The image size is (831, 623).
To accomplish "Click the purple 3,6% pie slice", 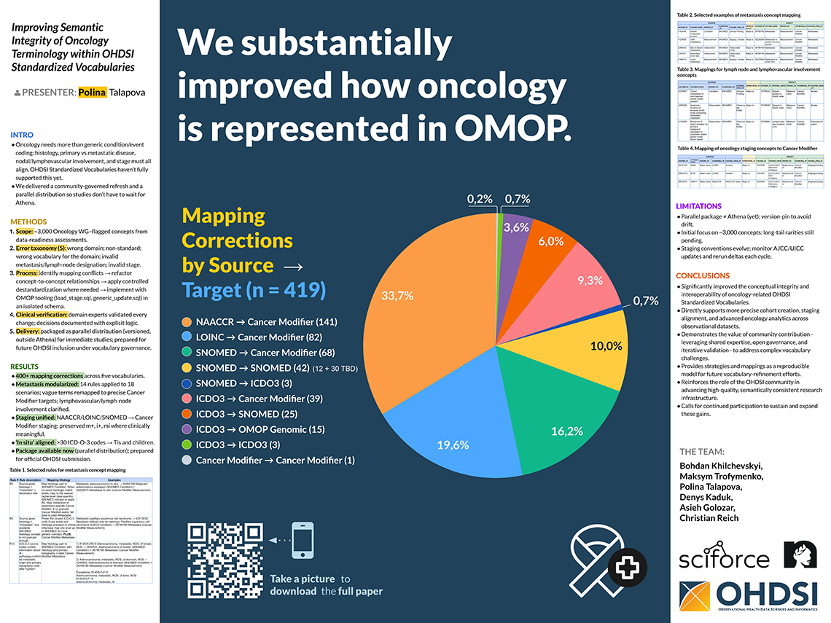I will (515, 233).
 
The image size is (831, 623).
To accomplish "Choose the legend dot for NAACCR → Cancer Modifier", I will (189, 322).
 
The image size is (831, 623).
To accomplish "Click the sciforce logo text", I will (725, 559).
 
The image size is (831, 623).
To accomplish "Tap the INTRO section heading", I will (22, 135).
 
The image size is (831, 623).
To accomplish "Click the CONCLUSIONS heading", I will (703, 275).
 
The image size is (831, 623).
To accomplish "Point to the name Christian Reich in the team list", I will (709, 517).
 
